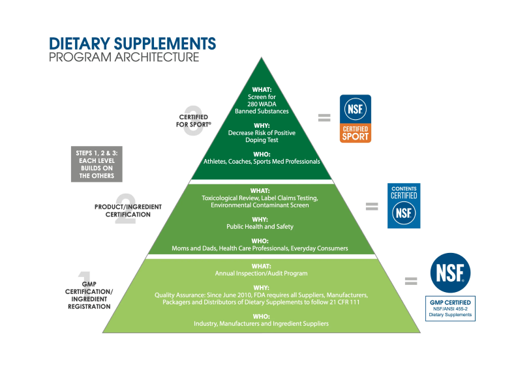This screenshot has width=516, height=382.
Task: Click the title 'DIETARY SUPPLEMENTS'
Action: [132, 44]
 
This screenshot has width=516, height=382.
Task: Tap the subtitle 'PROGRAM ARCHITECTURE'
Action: [124, 57]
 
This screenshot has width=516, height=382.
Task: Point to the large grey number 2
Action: [125, 209]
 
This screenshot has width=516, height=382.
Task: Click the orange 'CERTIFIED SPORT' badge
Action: [356, 119]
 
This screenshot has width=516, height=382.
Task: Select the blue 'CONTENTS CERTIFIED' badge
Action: [404, 205]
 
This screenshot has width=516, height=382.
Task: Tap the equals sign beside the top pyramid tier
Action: [324, 118]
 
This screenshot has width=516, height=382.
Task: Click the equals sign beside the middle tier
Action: [372, 207]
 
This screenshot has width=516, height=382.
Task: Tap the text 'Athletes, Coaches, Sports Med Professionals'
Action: [262, 161]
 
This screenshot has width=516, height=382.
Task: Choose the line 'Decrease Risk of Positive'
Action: [262, 133]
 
